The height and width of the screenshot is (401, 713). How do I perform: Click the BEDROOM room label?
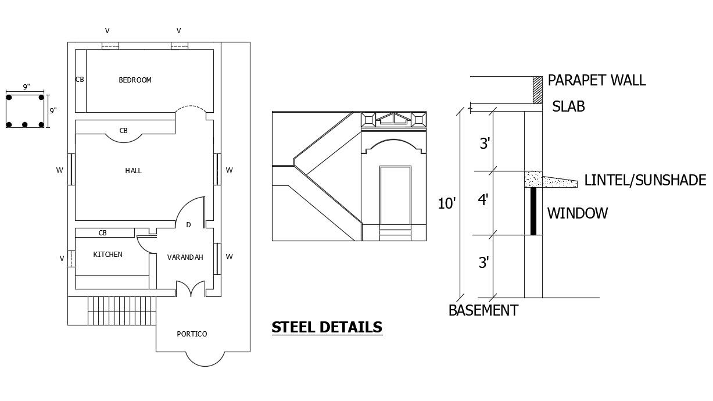[x=135, y=80]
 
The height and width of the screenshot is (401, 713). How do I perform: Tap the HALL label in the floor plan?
[x=133, y=171]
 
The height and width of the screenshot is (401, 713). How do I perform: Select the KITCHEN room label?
[x=108, y=255]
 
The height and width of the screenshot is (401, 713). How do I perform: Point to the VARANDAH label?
[x=185, y=257]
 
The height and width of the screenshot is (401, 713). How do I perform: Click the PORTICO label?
[x=192, y=334]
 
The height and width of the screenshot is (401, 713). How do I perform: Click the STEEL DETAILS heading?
[x=327, y=328]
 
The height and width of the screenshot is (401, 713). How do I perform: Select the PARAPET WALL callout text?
[x=596, y=80]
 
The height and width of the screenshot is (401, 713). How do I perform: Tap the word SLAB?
[x=568, y=107]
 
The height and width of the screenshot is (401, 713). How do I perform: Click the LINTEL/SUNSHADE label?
[x=645, y=181]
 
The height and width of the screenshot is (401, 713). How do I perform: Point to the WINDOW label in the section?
[x=577, y=213]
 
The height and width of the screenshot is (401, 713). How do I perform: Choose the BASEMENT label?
[x=483, y=310]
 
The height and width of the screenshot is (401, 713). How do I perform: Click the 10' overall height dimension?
[x=446, y=203]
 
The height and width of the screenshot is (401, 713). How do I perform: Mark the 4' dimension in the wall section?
[x=483, y=201]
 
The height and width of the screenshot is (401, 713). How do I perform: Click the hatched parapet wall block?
[x=538, y=90]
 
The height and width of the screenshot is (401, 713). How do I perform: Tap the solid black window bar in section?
[x=533, y=212]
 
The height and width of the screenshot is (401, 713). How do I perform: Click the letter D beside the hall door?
[x=188, y=225]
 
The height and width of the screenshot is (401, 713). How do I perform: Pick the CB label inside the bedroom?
[x=80, y=80]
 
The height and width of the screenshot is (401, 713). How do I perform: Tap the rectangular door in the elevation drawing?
[x=395, y=197]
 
